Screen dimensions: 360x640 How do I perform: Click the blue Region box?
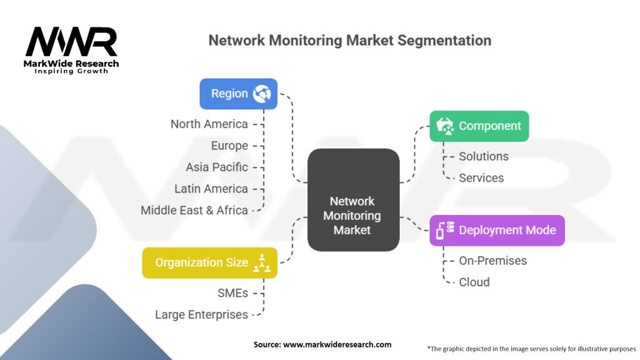tap(238, 94)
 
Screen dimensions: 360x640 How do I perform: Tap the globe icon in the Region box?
tap(262, 94)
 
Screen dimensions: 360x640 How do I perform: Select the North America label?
tap(209, 124)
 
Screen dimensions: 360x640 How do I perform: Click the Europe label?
tap(229, 146)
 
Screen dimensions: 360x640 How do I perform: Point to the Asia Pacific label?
tap(217, 167)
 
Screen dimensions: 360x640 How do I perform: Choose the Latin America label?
tap(211, 189)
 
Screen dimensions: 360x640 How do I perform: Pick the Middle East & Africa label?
tap(194, 210)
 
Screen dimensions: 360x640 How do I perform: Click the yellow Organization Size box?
tap(209, 262)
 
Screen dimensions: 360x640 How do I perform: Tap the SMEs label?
tap(232, 293)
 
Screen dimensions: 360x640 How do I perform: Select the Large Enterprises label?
tap(201, 314)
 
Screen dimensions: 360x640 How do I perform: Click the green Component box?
tap(479, 126)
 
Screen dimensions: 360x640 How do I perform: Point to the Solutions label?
tap(484, 156)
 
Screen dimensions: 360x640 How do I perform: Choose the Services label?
tap(481, 177)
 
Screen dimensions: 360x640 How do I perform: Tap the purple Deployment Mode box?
tap(497, 230)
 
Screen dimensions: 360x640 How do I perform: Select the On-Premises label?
tap(492, 261)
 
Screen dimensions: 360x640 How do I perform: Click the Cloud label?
tap(474, 282)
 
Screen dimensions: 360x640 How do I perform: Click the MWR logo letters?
tap(71, 43)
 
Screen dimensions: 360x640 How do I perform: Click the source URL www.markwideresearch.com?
tap(337, 344)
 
